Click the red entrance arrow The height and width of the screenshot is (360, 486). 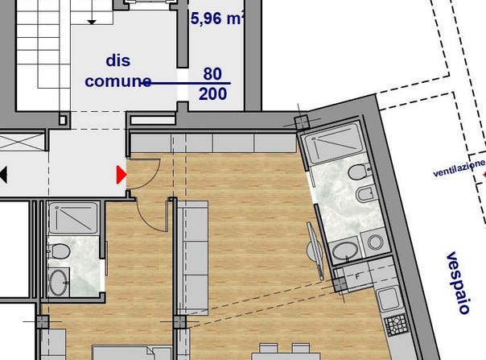(121, 175)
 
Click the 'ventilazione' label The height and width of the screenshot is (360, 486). (459, 168)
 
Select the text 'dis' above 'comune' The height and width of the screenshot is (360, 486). (118, 60)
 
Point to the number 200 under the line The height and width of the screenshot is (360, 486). (212, 93)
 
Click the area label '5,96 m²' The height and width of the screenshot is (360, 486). (216, 19)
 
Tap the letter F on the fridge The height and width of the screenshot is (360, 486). (358, 276)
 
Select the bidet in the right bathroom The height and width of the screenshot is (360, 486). (366, 194)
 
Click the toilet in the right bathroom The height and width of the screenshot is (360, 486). (359, 172)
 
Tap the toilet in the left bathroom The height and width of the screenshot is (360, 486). (60, 251)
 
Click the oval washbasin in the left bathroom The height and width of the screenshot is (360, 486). (59, 282)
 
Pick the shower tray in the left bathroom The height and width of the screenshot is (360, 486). (73, 218)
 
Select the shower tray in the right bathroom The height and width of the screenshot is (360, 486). (334, 143)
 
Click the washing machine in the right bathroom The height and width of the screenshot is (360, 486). (375, 242)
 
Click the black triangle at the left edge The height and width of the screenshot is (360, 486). (3, 175)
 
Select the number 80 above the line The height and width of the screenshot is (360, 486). (212, 74)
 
